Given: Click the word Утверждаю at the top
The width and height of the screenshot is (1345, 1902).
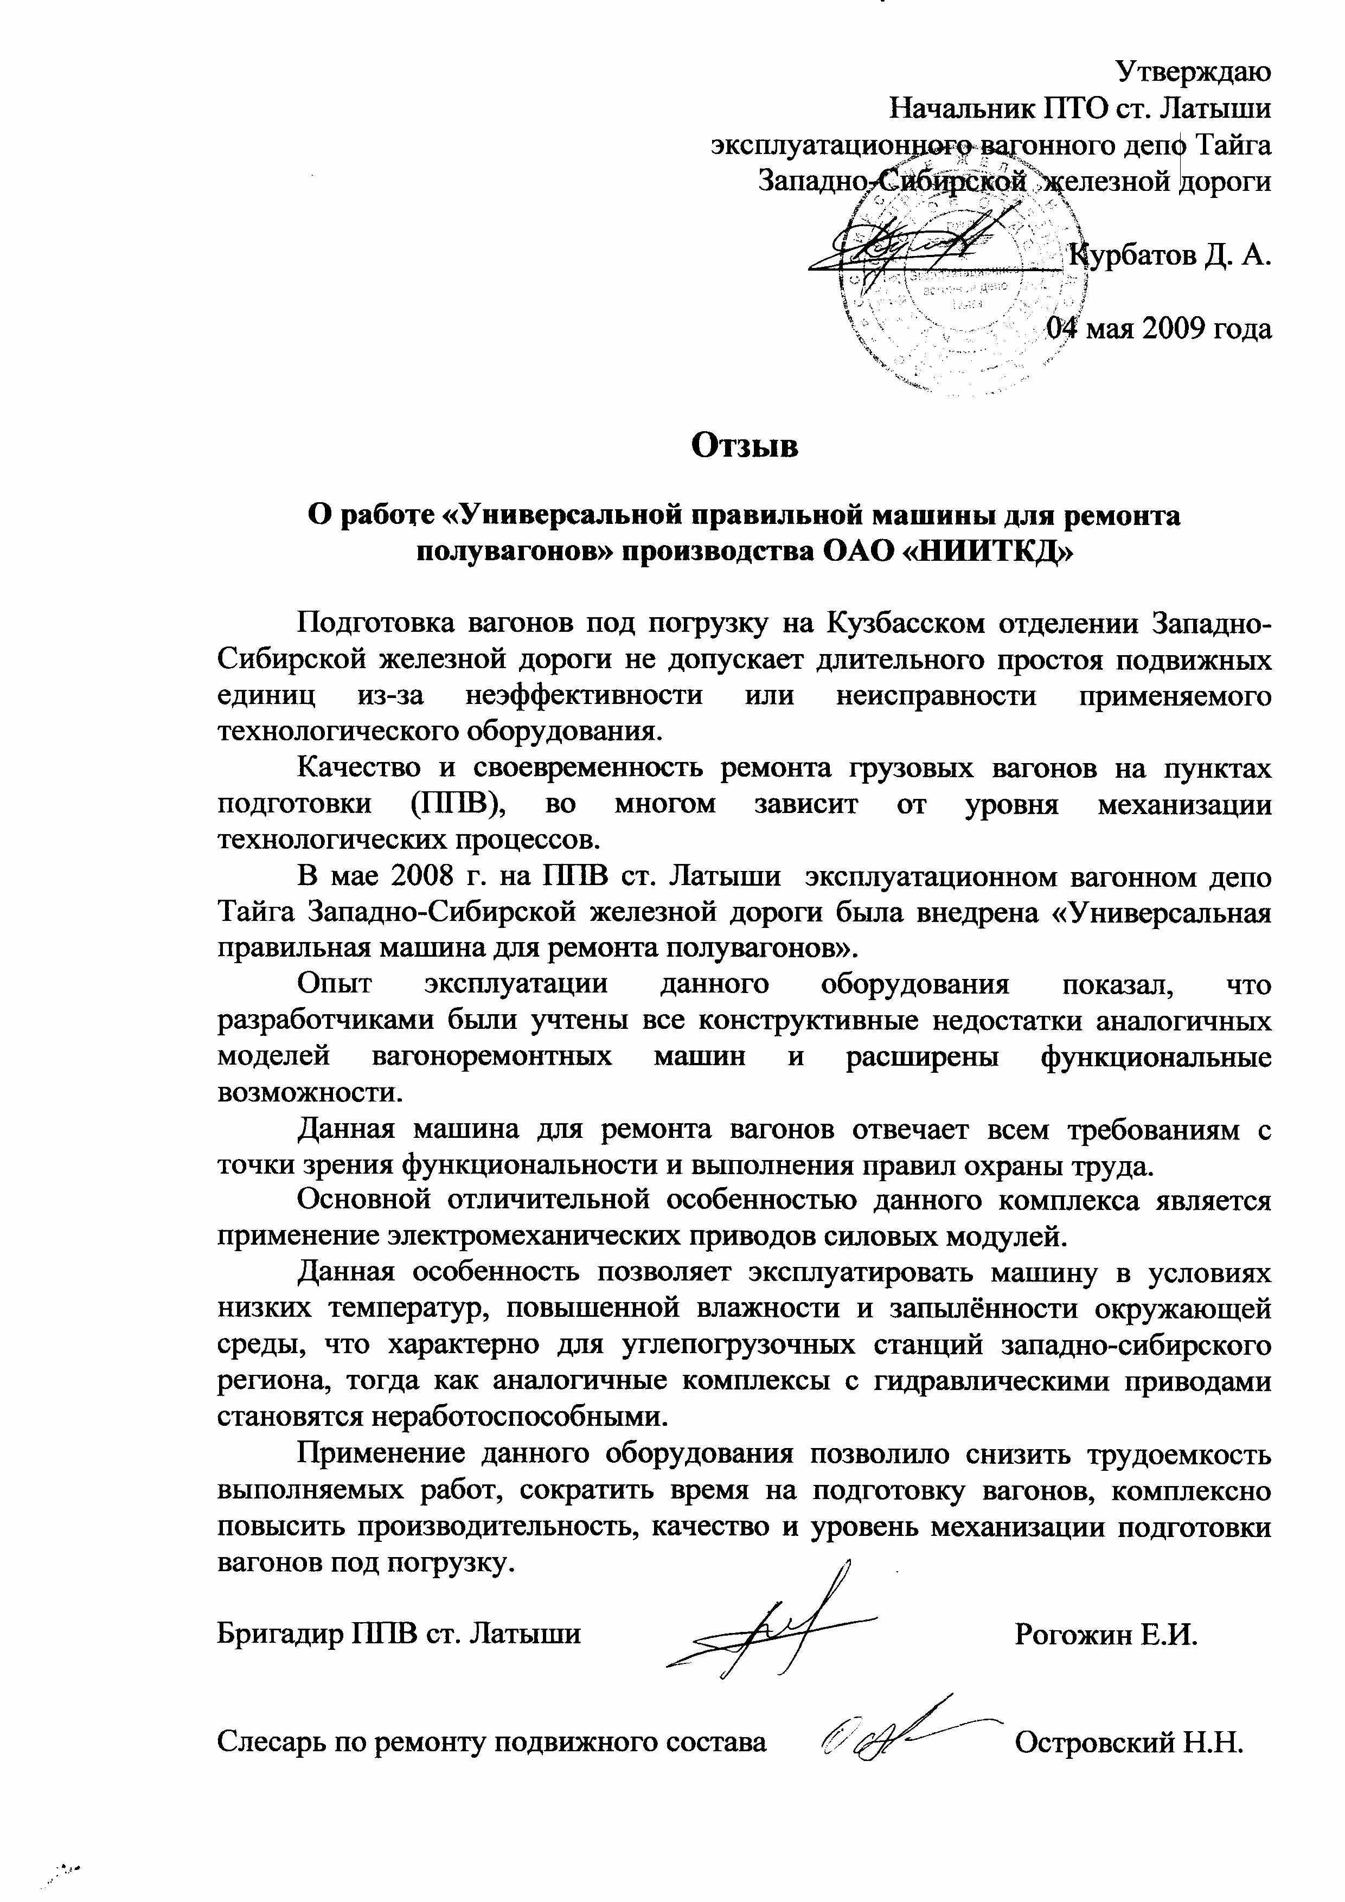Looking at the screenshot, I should tap(1194, 72).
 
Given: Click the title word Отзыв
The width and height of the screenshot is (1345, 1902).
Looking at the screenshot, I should tap(745, 446).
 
